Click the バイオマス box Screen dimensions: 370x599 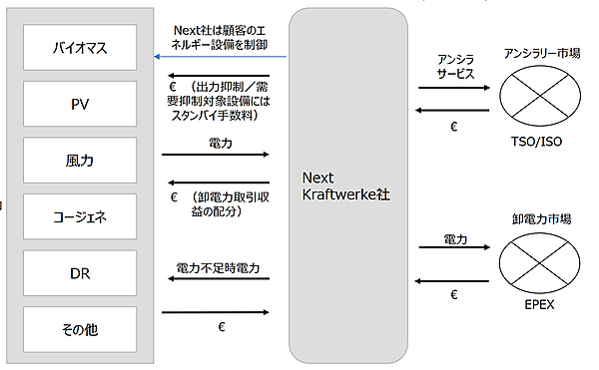click(x=80, y=47)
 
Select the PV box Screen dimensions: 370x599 click(x=80, y=103)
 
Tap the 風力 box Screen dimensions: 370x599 click(x=80, y=158)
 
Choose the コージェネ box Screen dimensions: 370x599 click(x=80, y=213)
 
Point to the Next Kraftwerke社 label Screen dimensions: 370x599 click(x=344, y=185)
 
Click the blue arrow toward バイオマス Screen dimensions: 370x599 click(x=220, y=57)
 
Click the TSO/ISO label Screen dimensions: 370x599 click(x=537, y=142)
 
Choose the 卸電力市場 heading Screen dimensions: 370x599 click(x=540, y=217)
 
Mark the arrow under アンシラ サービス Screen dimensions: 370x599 click(x=453, y=88)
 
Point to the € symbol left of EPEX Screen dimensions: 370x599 click(x=454, y=296)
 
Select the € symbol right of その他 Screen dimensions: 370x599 click(x=218, y=326)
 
